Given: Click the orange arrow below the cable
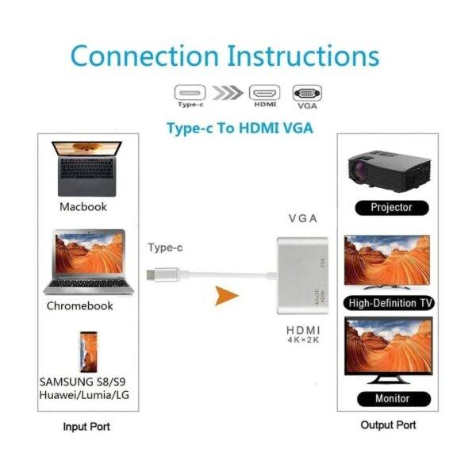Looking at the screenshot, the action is coord(225,295).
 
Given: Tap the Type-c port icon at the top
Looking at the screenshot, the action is coord(190,92).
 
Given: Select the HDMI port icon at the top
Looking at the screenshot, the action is coord(264,92).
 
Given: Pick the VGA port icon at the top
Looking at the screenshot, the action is coord(307,93).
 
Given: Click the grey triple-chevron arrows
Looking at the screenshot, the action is coord(228,93).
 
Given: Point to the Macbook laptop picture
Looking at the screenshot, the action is coord(86,169).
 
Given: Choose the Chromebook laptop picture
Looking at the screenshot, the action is coord(89,262).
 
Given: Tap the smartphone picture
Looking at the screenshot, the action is coord(88,352).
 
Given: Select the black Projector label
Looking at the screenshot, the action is coord(392,208).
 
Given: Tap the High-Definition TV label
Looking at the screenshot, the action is coord(390,303).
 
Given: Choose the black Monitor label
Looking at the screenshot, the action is coord(393,399).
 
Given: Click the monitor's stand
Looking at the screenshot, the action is coord(389,379).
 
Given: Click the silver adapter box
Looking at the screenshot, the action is coord(302,275).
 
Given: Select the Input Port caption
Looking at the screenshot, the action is coord(86,427).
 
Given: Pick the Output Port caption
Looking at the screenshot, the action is coord(388,425).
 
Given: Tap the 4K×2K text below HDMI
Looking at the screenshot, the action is coord(303,340).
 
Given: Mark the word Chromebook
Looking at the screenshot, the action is coord(80,305).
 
